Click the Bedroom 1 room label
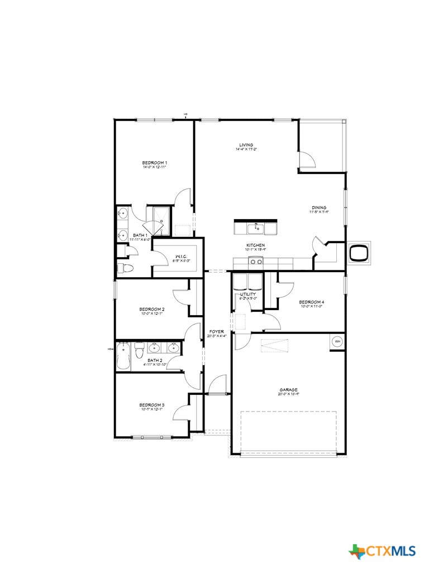tap(155, 163)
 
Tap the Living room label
tap(246, 145)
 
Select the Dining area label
tap(319, 208)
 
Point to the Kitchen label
tap(256, 245)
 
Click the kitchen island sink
tap(256, 228)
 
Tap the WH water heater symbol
tap(337, 341)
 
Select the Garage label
tap(288, 390)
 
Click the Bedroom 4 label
tap(311, 302)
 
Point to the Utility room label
tap(248, 294)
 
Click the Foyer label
tap(216, 331)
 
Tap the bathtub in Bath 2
tap(123, 357)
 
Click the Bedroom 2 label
tap(151, 309)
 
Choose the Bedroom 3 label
tap(151, 405)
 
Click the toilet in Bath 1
tap(127, 269)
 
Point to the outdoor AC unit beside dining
tap(358, 254)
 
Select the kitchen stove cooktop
tap(256, 261)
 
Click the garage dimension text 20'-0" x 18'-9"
tap(288, 394)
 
